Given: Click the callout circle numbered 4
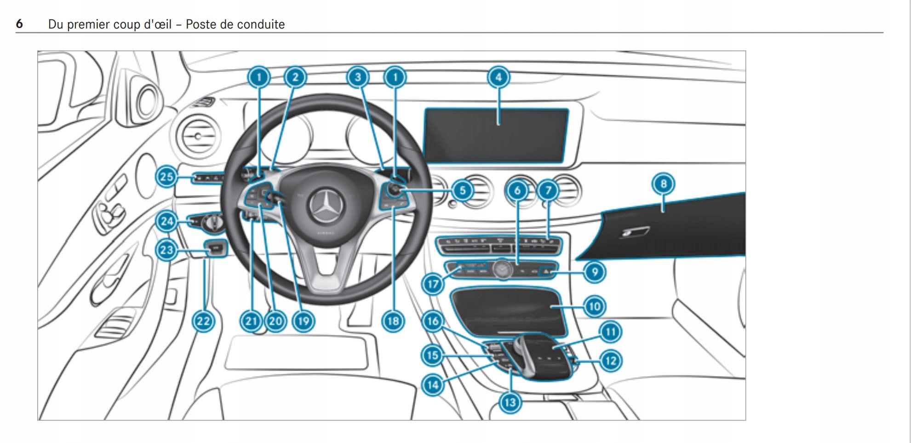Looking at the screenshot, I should [498, 77].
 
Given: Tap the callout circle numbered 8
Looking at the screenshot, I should [663, 184].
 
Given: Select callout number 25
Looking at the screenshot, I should [166, 177].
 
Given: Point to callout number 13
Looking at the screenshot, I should [510, 403].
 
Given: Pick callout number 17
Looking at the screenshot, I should [433, 284].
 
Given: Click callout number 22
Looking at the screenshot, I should [203, 321].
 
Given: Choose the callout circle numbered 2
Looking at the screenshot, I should [295, 77].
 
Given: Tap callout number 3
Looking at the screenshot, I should [358, 77].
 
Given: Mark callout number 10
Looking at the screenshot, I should [595, 306].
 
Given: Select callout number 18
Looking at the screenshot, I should [393, 321].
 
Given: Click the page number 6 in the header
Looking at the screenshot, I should [19, 24].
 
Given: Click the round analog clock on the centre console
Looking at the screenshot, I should [502, 269].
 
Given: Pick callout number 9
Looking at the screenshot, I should [595, 272].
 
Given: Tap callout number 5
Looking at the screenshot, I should [463, 190].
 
